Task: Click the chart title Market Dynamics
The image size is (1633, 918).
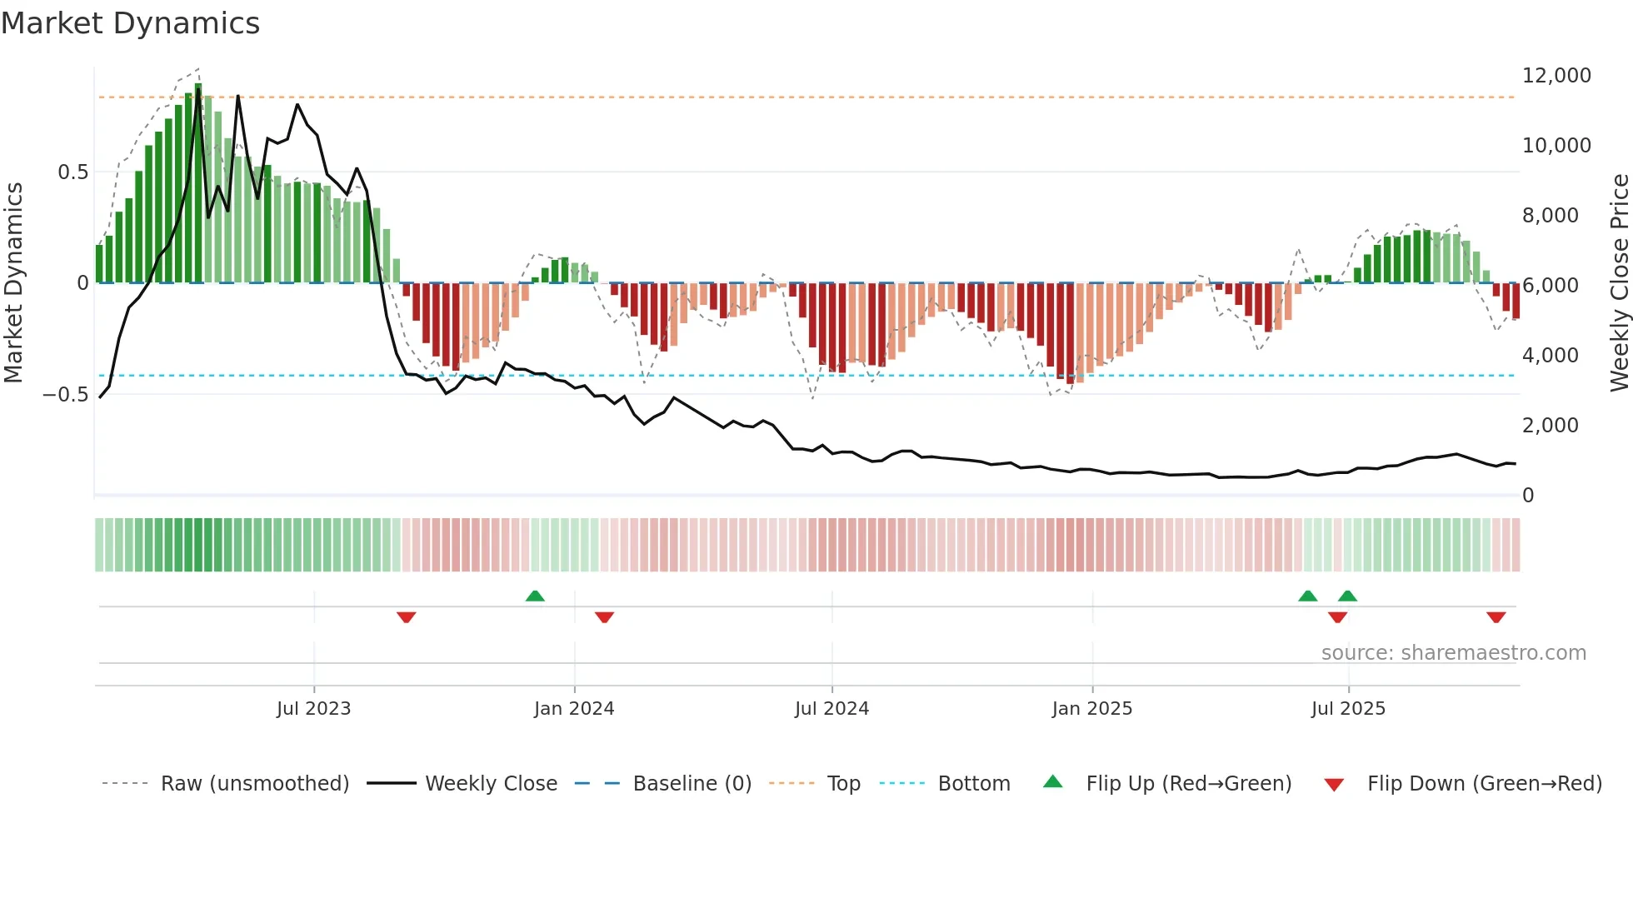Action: point(130,23)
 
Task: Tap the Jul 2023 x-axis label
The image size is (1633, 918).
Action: point(313,709)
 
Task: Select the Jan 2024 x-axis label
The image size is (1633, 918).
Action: point(574,709)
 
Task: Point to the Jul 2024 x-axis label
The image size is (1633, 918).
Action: point(831,709)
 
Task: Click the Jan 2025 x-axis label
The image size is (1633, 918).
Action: point(1091,709)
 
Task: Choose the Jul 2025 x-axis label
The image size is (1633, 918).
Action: point(1348,709)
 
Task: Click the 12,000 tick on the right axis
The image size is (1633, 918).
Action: point(1556,76)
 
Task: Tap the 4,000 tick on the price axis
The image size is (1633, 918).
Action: point(1550,356)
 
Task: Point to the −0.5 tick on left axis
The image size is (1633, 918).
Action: point(66,395)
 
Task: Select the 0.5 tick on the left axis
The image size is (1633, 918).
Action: point(72,172)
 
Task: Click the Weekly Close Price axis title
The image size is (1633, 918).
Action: point(1619,282)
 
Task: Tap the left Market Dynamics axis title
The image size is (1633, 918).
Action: point(13,282)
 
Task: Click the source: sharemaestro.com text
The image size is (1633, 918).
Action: point(1453,653)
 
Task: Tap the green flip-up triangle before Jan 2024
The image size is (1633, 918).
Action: point(535,596)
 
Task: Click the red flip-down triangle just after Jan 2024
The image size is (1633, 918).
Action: point(604,617)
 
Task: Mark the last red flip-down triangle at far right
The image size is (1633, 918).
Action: point(1496,617)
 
